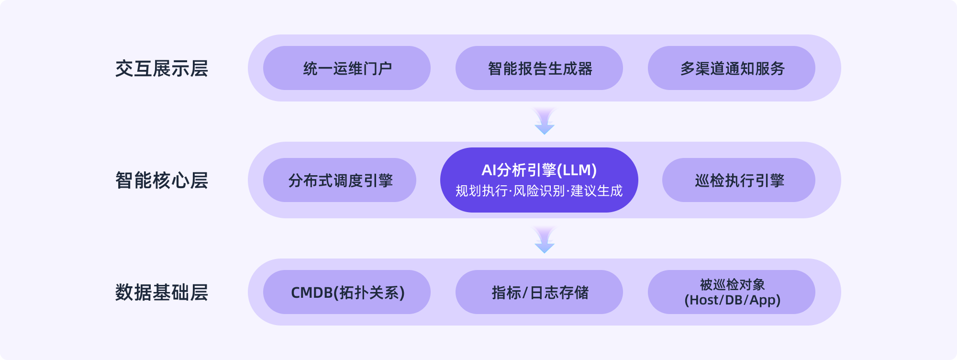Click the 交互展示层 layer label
click(162, 68)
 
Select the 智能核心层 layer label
click(162, 180)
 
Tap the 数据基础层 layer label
click(162, 292)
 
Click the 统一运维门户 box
click(347, 68)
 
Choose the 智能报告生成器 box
click(539, 68)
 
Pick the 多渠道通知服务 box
click(732, 68)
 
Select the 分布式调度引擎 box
click(340, 180)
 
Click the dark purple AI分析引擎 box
click(539, 180)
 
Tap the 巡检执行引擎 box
click(739, 180)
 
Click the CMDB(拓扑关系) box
click(347, 292)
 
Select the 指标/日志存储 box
click(539, 292)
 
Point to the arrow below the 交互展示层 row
click(545, 122)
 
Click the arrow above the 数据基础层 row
click(545, 240)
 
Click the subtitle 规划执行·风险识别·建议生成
click(539, 191)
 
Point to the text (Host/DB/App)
click(732, 300)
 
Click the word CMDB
click(311, 292)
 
